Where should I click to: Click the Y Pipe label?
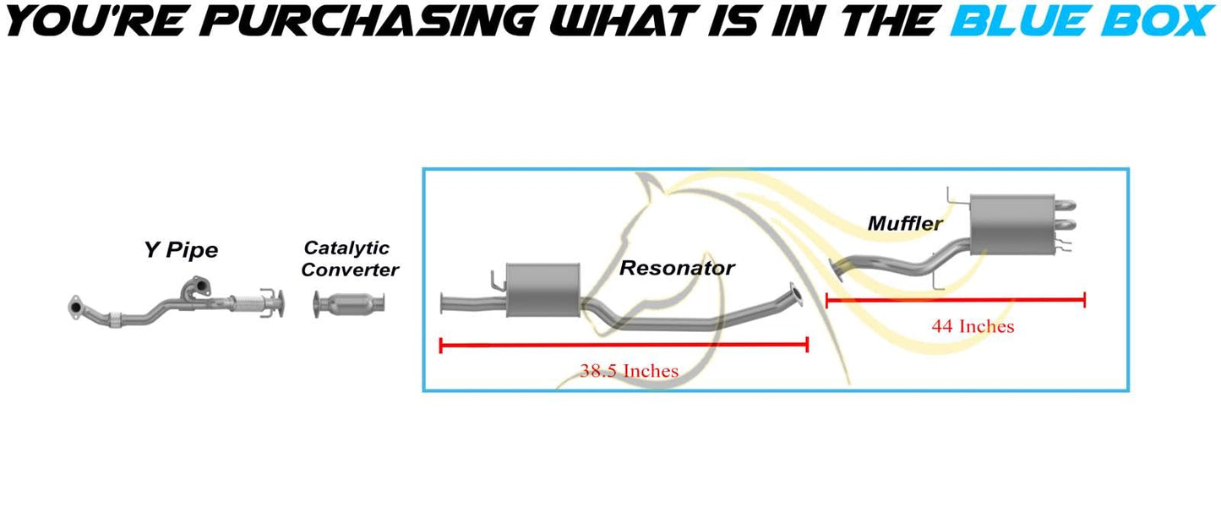click(181, 250)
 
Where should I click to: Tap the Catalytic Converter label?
click(350, 259)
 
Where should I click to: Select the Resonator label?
click(677, 268)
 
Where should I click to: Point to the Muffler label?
click(905, 223)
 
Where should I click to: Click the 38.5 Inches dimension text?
click(629, 371)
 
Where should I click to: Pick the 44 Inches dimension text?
click(973, 326)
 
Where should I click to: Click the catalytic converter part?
click(349, 304)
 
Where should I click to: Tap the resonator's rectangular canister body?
click(543, 290)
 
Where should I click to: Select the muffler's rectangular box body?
click(1011, 225)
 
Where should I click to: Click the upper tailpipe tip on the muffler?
click(1066, 205)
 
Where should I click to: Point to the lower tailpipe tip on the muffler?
click(1066, 224)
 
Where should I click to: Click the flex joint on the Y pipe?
click(246, 303)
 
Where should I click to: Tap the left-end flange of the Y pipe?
click(74, 307)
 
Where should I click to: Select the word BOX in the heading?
click(1157, 21)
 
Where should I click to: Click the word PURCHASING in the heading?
click(372, 21)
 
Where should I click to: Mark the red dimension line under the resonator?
click(624, 345)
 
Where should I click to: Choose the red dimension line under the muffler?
click(956, 300)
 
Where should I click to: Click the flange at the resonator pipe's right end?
click(796, 295)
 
